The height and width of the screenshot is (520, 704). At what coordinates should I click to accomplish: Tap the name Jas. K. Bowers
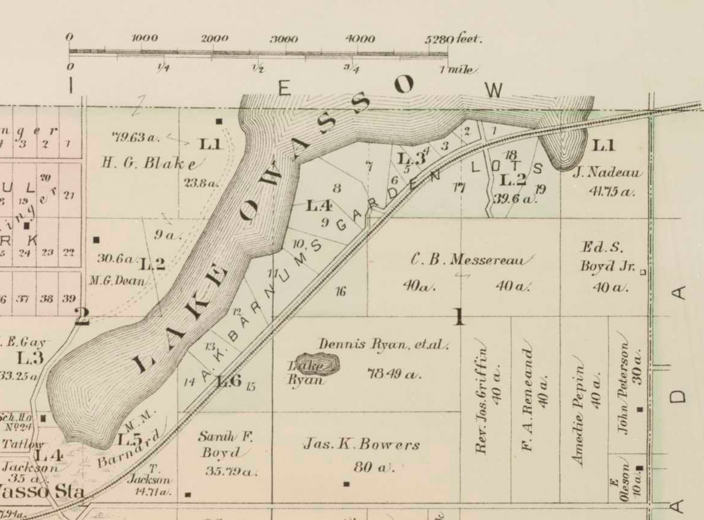click(361, 445)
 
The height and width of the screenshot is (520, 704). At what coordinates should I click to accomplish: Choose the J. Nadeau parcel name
click(608, 173)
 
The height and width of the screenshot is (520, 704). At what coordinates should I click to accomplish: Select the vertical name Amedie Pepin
click(579, 415)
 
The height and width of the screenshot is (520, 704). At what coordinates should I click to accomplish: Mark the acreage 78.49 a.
click(394, 374)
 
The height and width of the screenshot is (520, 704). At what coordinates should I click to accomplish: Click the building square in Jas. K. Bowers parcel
click(347, 484)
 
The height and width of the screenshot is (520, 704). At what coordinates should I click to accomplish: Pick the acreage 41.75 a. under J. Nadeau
click(611, 192)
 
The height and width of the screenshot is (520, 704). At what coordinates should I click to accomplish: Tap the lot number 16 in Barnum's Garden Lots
click(340, 292)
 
